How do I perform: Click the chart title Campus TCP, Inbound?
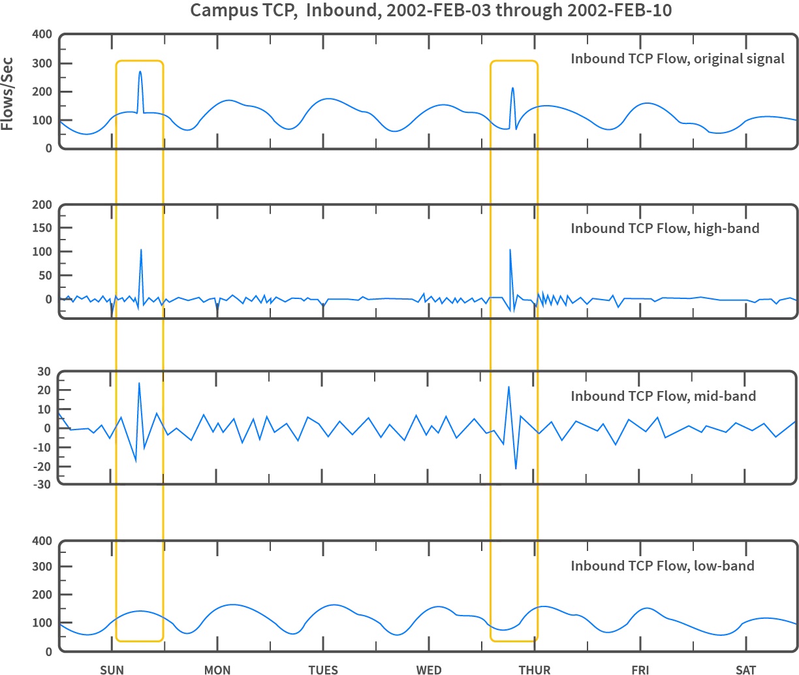point(430,11)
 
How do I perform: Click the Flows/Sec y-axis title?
point(8,94)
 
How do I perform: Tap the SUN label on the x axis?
point(112,669)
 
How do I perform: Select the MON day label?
point(217,669)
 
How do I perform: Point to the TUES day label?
point(323,669)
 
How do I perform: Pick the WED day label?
point(429,669)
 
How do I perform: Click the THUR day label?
point(535,669)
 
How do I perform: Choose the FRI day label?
point(640,669)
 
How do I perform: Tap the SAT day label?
point(746,669)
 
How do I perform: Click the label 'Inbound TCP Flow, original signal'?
point(678,59)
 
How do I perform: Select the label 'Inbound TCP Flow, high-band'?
point(665,228)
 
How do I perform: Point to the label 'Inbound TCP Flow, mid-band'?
point(663,396)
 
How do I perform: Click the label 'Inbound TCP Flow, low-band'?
point(663,566)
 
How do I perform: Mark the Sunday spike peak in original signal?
point(140,72)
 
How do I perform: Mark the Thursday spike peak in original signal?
point(512,88)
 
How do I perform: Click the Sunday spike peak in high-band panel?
point(141,250)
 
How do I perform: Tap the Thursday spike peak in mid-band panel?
point(509,387)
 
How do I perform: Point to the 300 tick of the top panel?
point(44,63)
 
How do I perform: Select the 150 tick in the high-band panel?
point(44,228)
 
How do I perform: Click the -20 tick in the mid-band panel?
point(42,466)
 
